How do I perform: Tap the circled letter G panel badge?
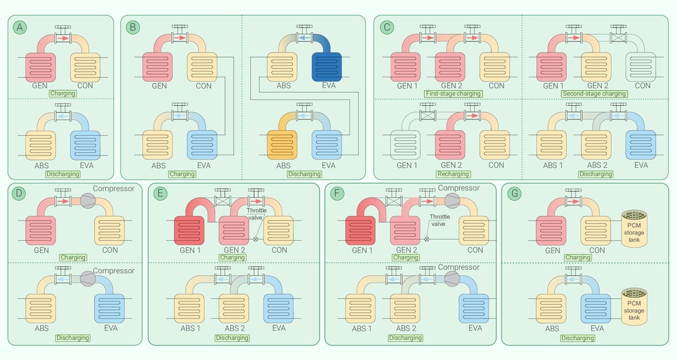pyautogui.click(x=514, y=193)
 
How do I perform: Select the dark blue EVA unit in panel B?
pyautogui.click(x=327, y=67)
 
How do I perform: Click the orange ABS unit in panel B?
pyautogui.click(x=282, y=145)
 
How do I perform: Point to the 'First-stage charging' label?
pyautogui.click(x=454, y=94)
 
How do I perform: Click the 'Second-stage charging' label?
pyautogui.click(x=594, y=94)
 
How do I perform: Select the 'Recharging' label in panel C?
pyautogui.click(x=454, y=174)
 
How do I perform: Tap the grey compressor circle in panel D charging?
pyautogui.click(x=88, y=201)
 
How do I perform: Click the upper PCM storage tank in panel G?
pyautogui.click(x=634, y=229)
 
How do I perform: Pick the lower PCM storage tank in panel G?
pyautogui.click(x=634, y=307)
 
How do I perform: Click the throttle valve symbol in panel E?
pyautogui.click(x=255, y=239)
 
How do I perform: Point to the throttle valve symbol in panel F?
pyautogui.click(x=427, y=239)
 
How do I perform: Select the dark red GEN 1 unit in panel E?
pyautogui.click(x=189, y=231)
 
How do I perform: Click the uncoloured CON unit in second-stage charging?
pyautogui.click(x=641, y=67)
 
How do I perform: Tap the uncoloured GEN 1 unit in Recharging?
pyautogui.click(x=406, y=145)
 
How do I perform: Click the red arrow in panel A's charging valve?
pyautogui.click(x=63, y=39)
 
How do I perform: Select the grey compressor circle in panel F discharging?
pyautogui.click(x=452, y=279)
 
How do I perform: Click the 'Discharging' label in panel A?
pyautogui.click(x=63, y=174)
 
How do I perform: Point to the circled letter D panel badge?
pyautogui.click(x=18, y=193)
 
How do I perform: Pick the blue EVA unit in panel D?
pyautogui.click(x=109, y=309)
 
